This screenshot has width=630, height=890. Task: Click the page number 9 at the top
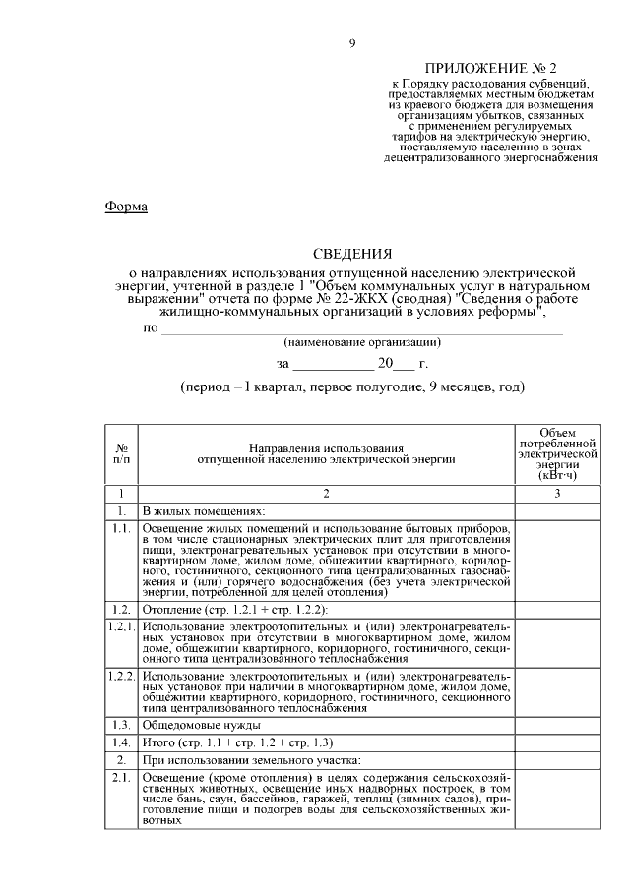point(352,43)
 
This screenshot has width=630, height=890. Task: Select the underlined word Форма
point(125,207)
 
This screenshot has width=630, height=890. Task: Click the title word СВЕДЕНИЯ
point(352,254)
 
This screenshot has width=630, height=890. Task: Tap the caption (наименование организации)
point(361,342)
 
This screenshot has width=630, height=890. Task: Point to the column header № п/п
point(120,452)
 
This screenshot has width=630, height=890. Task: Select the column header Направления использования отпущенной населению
point(327,452)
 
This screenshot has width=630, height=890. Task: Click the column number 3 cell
point(558,493)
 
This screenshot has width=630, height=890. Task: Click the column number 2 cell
point(327,493)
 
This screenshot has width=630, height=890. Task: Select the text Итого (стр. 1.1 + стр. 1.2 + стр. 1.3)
point(238,742)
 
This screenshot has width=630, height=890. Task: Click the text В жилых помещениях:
point(204,511)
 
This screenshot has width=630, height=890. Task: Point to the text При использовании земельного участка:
point(252,761)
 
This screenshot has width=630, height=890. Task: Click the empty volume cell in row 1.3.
point(558,724)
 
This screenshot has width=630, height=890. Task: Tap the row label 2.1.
point(120,779)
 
